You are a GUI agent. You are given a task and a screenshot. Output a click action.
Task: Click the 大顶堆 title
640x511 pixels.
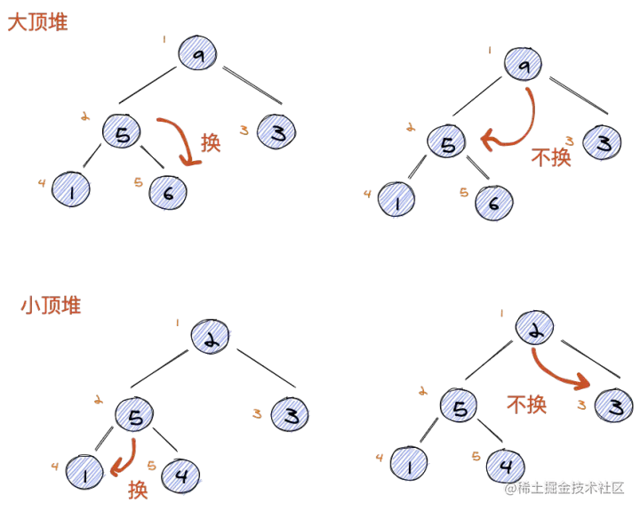37,23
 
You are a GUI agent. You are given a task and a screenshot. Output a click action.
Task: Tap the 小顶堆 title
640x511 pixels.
52,307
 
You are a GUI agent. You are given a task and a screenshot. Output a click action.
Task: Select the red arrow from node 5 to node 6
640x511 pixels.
181,139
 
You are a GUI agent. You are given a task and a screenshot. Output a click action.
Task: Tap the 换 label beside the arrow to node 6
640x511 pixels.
211,142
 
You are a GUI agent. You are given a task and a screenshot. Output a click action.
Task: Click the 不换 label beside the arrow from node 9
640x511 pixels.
552,156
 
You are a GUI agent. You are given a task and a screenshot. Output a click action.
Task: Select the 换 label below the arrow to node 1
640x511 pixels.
138,490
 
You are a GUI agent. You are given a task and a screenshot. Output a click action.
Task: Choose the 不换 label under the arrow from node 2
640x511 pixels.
526,404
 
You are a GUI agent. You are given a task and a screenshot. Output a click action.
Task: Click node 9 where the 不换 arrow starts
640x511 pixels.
524,63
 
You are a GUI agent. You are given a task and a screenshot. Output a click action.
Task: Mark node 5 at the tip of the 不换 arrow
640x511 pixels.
447,141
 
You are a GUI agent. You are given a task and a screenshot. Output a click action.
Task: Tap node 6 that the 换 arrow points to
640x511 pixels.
168,192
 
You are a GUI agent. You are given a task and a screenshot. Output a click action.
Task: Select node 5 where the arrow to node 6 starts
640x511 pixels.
122,132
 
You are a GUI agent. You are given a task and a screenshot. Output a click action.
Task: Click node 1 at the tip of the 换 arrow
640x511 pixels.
86,472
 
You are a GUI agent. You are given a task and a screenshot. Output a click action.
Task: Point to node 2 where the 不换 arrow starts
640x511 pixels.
535,328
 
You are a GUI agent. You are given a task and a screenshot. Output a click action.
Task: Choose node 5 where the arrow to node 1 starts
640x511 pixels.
134,414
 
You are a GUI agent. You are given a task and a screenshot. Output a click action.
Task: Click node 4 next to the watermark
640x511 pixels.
505,465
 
